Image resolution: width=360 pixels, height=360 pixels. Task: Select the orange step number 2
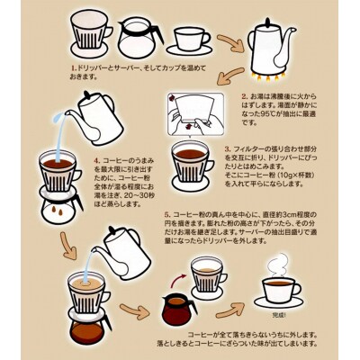pyautogui.click(x=244, y=94)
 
